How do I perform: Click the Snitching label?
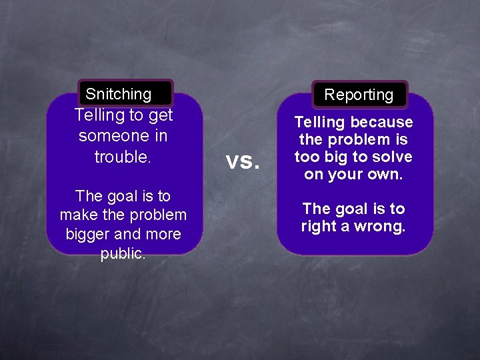tap(119, 94)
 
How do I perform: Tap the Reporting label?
tap(359, 95)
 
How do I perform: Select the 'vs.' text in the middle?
tap(242, 161)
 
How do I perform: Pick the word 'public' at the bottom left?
tap(122, 254)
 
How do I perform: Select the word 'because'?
tap(382, 123)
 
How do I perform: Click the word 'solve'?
tap(394, 157)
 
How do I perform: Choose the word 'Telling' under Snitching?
tap(101, 115)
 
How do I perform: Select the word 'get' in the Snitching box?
tap(161, 115)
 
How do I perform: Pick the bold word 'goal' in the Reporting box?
tap(353, 209)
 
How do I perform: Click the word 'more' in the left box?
tap(164, 235)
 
